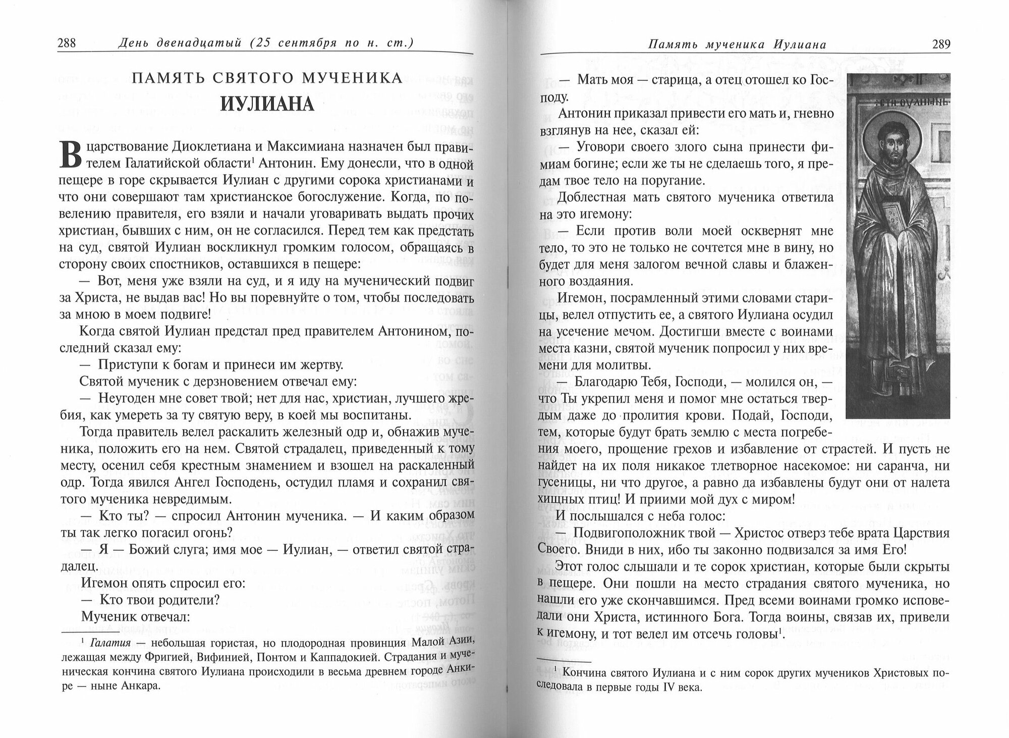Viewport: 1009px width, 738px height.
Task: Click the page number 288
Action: (x=67, y=44)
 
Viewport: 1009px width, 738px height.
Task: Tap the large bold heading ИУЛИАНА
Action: (x=267, y=103)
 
